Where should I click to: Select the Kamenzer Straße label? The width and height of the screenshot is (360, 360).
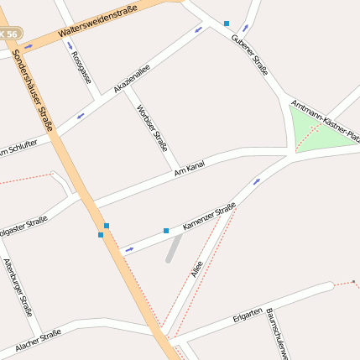[x=209, y=217]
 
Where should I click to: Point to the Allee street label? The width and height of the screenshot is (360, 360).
[x=196, y=269]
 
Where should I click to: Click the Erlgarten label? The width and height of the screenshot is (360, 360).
[x=248, y=316]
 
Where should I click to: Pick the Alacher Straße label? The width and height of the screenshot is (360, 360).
[x=39, y=342]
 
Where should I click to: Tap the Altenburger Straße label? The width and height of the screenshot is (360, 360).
[x=18, y=286]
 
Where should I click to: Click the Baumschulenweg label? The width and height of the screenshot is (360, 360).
[x=278, y=334]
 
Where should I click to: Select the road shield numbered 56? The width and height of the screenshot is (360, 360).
[x=9, y=34]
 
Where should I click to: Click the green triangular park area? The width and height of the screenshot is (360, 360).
[x=319, y=134]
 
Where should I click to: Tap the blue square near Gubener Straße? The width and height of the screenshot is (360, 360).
[x=227, y=23]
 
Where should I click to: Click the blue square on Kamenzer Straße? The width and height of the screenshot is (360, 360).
[x=166, y=230]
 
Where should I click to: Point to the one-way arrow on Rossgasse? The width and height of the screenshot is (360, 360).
[x=69, y=45]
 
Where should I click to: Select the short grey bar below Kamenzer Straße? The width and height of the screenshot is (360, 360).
[x=174, y=248]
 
